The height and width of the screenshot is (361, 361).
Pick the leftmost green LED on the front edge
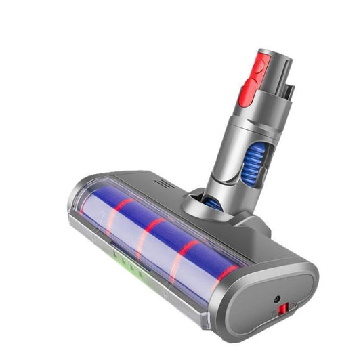point(116,254)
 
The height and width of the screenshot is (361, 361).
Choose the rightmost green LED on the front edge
point(142,275)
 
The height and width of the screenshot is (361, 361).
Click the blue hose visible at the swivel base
point(212,202)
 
